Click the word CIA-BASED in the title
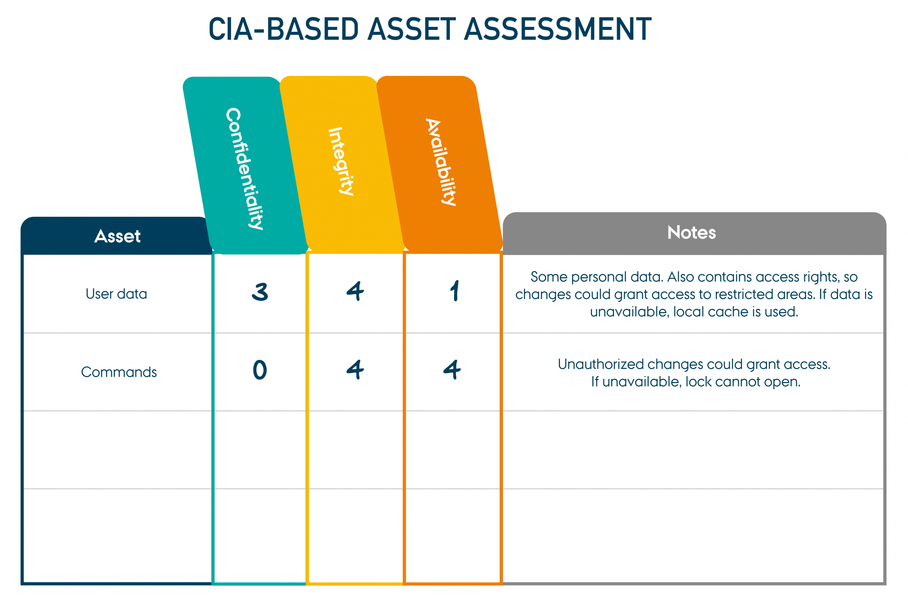click(284, 29)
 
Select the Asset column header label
click(118, 236)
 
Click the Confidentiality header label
click(245, 169)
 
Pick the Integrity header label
click(341, 161)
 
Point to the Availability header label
click(441, 162)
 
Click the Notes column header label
click(691, 232)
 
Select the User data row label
click(116, 294)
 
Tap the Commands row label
click(119, 372)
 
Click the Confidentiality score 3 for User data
click(260, 292)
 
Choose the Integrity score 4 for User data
click(355, 291)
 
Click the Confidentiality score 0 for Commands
click(260, 370)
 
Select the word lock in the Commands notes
click(696, 382)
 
